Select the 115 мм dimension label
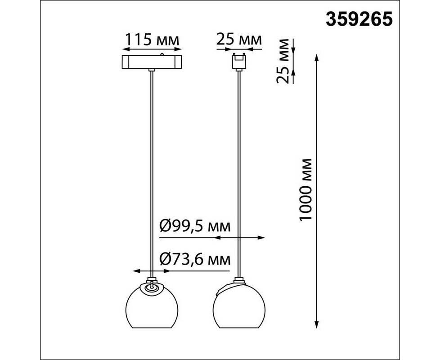pos(152,40)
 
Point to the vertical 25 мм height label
pos(283,61)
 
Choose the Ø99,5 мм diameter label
pos(195,226)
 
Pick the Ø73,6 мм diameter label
pos(195,259)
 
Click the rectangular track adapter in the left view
pos(152,62)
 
